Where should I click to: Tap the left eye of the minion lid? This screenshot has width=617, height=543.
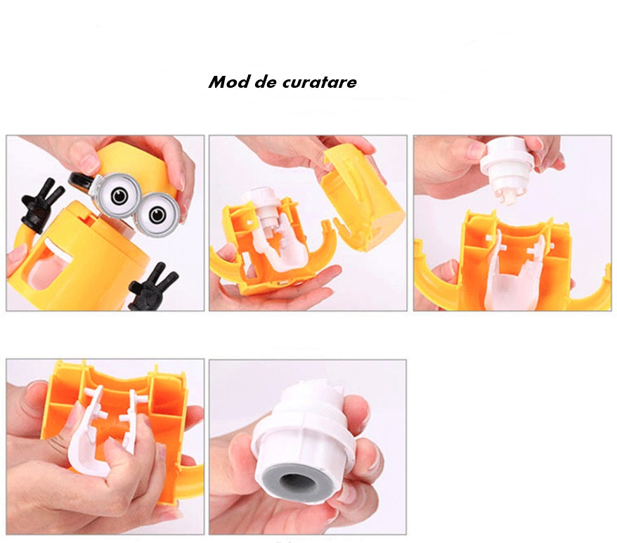point(119,195)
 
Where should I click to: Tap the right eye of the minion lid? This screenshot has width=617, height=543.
point(158,215)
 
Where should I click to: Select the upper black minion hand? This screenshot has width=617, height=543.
point(41,204)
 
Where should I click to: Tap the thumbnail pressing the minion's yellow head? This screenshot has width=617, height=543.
point(90,162)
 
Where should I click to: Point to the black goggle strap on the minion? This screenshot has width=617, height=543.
point(82,182)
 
